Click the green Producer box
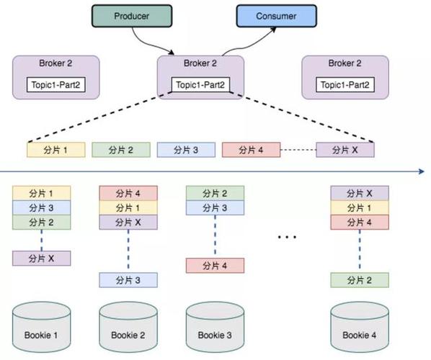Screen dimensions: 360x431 click(133, 16)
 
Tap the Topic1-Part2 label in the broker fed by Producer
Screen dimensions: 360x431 click(200, 85)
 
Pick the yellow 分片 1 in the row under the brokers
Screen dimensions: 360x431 click(56, 150)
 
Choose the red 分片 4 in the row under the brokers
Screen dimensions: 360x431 click(251, 150)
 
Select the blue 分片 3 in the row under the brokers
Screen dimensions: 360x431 click(186, 150)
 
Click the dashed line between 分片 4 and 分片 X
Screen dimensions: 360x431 click(298, 150)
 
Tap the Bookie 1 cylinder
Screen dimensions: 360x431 click(42, 329)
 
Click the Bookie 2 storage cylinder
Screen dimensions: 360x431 click(128, 329)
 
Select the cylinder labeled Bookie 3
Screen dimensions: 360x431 click(215, 329)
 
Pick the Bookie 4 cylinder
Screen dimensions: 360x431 click(359, 329)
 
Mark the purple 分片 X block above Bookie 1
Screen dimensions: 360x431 click(42, 258)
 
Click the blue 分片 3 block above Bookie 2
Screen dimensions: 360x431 click(128, 279)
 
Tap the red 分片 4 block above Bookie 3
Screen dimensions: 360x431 click(215, 265)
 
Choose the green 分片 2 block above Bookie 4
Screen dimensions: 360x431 click(359, 279)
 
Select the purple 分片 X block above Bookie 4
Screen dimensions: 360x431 click(359, 193)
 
